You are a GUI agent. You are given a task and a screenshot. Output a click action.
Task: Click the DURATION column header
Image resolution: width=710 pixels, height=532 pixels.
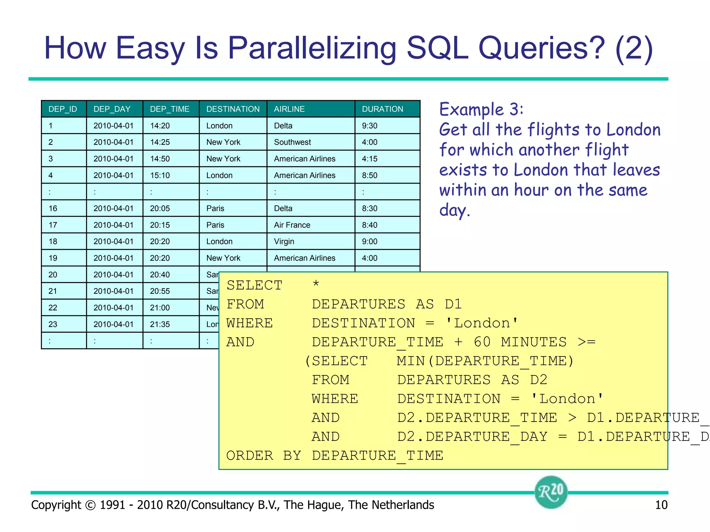382,109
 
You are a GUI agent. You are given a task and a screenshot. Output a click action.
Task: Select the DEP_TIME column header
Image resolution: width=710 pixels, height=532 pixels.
170,109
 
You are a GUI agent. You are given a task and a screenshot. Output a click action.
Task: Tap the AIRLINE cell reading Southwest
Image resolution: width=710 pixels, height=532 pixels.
292,142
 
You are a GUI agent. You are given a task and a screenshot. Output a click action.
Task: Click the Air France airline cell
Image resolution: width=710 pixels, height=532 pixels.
292,225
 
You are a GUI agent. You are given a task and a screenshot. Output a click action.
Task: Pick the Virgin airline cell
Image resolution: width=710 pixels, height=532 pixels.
284,241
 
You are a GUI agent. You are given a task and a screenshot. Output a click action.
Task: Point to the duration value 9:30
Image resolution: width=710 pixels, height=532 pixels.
370,126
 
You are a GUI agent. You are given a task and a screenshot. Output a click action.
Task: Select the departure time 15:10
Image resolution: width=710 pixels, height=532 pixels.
160,175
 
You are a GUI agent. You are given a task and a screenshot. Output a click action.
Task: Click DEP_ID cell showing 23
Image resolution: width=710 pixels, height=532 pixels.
53,324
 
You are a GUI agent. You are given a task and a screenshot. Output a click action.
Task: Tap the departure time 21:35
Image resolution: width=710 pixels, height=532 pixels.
160,324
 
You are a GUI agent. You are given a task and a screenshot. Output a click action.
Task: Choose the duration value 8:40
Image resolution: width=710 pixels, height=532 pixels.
370,225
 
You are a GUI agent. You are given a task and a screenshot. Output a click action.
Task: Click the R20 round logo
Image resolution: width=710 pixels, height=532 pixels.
551,492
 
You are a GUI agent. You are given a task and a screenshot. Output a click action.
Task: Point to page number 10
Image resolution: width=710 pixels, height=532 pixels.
661,505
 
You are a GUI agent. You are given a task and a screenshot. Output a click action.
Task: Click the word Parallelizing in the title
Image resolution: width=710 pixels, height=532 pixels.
312,48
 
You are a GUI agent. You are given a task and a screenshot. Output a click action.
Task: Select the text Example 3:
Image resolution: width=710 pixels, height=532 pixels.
481,109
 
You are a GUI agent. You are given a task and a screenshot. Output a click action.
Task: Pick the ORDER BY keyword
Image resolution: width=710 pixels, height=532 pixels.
263,455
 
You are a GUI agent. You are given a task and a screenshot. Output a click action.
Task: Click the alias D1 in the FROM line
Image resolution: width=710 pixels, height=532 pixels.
453,304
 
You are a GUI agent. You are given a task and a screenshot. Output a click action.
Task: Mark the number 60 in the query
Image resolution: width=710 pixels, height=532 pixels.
482,342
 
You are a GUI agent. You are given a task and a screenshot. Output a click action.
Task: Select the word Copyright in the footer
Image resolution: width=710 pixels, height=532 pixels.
56,505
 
